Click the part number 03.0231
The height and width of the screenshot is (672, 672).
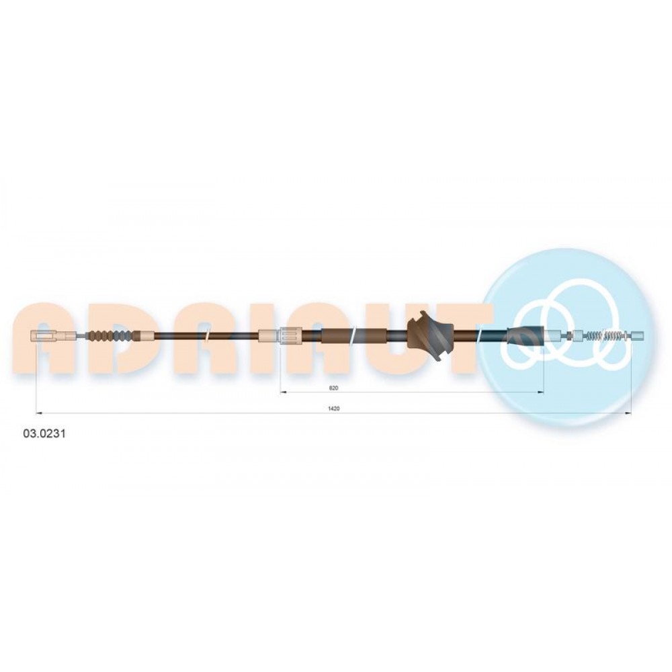point(44,433)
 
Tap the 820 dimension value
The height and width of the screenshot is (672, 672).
point(333,388)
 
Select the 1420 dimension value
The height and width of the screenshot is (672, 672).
point(333,409)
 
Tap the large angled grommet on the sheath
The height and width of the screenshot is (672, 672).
point(430,335)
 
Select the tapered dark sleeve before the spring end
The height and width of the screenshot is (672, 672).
point(526,335)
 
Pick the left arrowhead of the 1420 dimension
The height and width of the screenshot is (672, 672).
point(38,413)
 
